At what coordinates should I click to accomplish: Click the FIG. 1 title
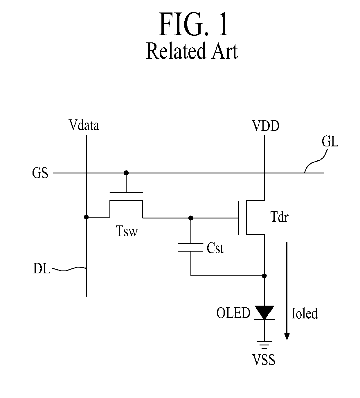(193, 24)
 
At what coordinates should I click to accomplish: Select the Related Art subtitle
(192, 51)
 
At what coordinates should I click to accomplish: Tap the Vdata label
(84, 125)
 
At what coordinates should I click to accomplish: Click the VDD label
(266, 126)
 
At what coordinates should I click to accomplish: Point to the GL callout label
(330, 142)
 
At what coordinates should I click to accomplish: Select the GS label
(40, 173)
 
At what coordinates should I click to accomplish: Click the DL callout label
(42, 269)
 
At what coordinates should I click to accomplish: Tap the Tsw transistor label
(127, 231)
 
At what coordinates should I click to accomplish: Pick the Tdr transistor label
(280, 216)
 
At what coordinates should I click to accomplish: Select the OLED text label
(233, 313)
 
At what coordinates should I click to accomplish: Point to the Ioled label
(305, 313)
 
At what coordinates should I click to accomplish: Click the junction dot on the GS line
(126, 173)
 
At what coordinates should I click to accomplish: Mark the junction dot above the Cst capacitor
(191, 218)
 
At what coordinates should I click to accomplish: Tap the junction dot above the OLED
(264, 276)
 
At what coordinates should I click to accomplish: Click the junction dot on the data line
(86, 217)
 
